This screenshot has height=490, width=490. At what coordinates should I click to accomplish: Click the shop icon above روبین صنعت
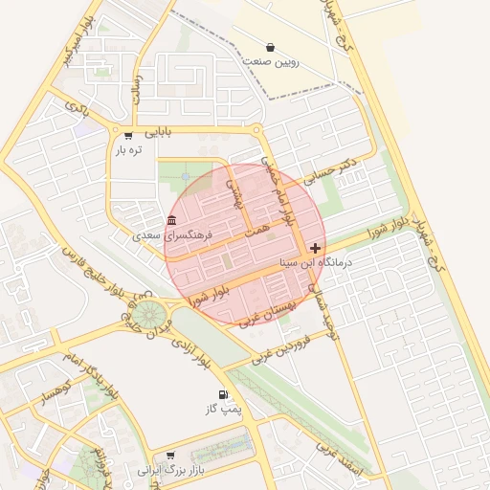point(271,47)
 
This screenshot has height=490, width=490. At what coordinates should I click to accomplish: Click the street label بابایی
point(151,131)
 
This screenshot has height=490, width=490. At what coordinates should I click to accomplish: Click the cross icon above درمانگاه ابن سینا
point(316,248)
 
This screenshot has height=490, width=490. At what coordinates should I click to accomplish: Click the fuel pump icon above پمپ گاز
point(223,394)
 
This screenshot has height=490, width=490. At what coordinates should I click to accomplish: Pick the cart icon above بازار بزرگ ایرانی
point(170,456)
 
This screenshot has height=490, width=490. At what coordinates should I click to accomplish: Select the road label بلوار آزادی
point(189,352)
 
